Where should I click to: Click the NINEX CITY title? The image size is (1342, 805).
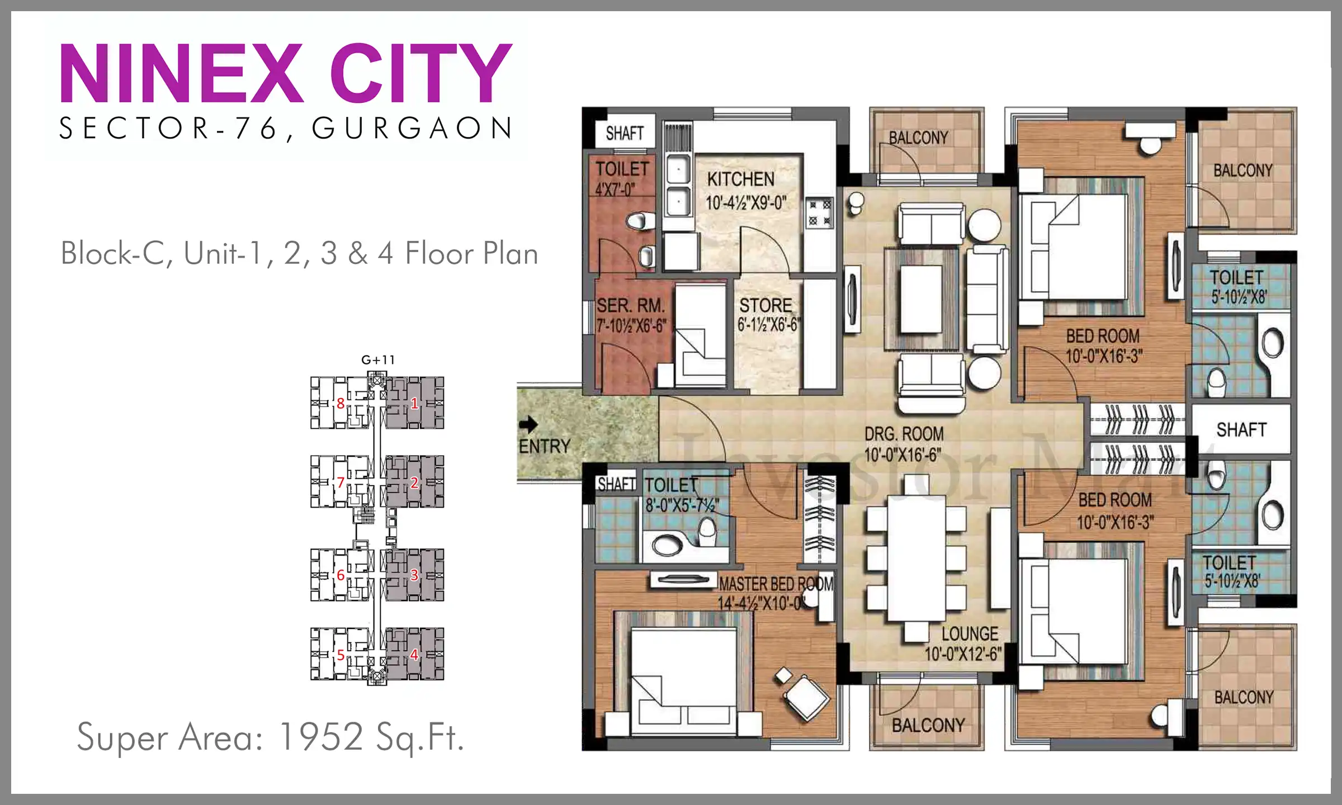[286, 73]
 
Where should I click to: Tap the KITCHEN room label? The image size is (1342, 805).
[741, 179]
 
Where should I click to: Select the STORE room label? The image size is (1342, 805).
[765, 305]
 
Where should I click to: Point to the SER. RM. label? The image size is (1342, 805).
[630, 306]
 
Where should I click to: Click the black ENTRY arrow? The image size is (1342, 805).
[528, 425]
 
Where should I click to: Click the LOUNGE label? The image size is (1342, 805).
[970, 634]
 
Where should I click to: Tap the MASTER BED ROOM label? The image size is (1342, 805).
[776, 584]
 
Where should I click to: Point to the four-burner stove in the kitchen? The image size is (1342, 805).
[820, 213]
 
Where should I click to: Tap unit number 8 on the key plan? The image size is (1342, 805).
[340, 403]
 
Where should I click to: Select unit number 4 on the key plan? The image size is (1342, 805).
[414, 655]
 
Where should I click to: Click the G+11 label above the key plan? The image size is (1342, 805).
[378, 360]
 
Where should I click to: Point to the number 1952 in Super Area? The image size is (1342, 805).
[321, 736]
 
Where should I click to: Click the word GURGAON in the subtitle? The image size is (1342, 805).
[412, 128]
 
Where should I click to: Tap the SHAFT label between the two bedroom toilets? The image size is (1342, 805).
[1241, 429]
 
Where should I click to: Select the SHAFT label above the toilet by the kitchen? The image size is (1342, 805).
[625, 133]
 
